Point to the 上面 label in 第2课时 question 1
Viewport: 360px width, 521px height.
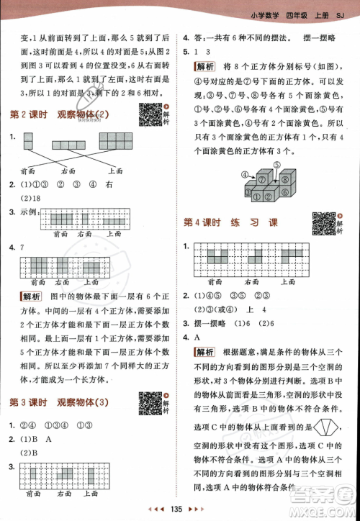pyautogui.click(x=115, y=171)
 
